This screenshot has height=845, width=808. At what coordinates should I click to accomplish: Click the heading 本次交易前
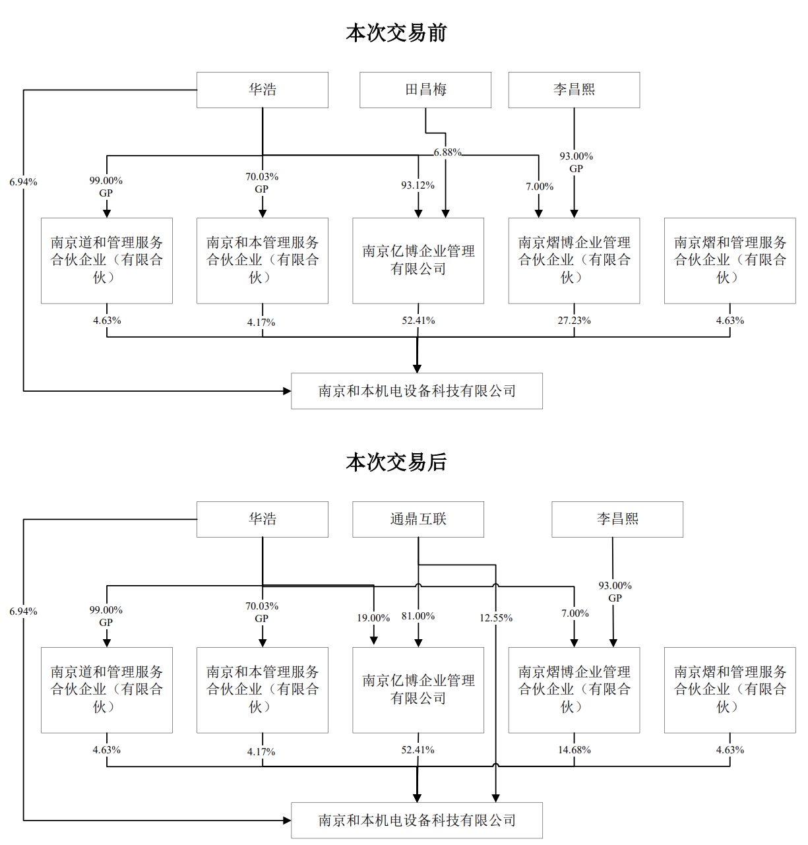[396, 33]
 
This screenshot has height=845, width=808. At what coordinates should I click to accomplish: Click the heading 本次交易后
[396, 462]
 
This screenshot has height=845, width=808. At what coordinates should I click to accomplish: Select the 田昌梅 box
[425, 90]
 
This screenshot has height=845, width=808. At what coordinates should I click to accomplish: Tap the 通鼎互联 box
[418, 519]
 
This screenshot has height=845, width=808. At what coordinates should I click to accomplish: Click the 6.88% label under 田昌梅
[447, 152]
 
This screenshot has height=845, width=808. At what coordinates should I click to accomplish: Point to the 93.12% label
[418, 185]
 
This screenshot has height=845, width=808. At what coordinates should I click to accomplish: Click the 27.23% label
[574, 321]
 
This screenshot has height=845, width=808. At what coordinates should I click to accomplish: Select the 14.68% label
[574, 750]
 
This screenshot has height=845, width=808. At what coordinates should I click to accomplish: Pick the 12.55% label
[496, 618]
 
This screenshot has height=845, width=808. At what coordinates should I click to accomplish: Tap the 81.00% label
[418, 616]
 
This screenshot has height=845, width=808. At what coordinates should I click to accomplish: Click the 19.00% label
[373, 618]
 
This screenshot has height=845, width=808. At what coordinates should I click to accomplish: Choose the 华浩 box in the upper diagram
[263, 90]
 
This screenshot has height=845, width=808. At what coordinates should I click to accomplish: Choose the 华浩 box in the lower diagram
[263, 519]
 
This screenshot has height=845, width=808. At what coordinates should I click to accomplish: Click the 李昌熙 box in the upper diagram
[574, 90]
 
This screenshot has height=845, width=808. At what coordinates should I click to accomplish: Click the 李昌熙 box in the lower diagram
[617, 519]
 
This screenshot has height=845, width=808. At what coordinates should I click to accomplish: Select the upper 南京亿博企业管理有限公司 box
[418, 261]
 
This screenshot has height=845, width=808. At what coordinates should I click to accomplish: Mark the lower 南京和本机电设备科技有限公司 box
[417, 821]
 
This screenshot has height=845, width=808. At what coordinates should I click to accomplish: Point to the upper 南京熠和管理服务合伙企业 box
[730, 261]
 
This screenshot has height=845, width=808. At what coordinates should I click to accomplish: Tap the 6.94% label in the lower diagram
[23, 611]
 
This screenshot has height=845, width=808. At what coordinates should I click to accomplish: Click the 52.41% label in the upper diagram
[418, 321]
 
